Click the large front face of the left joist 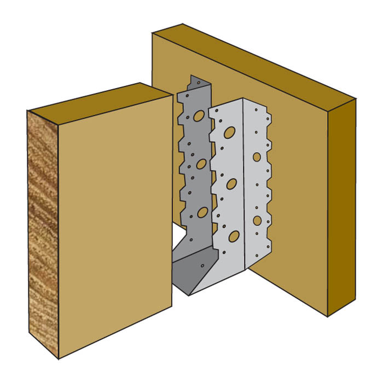pyautogui.click(x=115, y=219)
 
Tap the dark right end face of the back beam pyautogui.click(x=341, y=208)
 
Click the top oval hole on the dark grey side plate pyautogui.click(x=199, y=115)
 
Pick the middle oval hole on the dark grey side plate pyautogui.click(x=201, y=164)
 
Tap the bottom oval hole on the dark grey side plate pyautogui.click(x=203, y=212)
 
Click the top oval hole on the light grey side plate pyautogui.click(x=230, y=132)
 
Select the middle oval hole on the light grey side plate pyautogui.click(x=232, y=184)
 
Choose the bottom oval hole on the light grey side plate pyautogui.click(x=234, y=236)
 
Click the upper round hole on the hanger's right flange pyautogui.click(x=257, y=156)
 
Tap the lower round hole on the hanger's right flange pyautogui.click(x=257, y=220)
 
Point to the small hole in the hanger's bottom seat pyautogui.click(x=203, y=268)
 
